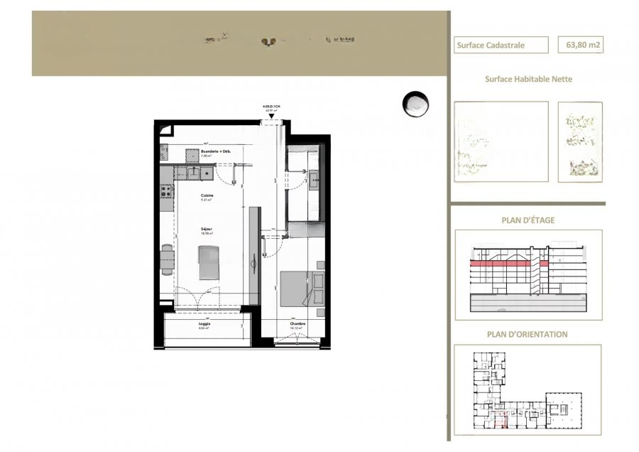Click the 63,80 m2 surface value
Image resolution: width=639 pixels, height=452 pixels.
point(583,45)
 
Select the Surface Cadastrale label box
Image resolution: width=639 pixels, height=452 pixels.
point(501,45)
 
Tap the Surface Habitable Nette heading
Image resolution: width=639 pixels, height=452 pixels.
point(528,80)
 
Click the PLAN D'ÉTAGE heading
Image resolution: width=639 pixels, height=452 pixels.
point(528,220)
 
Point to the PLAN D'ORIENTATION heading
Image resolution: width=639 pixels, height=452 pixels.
point(528,334)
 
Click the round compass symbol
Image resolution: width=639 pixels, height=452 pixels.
point(415,104)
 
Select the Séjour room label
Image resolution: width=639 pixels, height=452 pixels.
point(207,229)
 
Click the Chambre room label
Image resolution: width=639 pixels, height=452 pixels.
point(297,324)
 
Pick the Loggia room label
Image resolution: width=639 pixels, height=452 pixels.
point(204,324)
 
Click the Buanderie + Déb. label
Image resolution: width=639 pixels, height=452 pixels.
point(217,152)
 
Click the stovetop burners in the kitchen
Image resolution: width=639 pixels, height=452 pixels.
point(167,190)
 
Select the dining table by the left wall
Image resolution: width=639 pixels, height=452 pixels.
point(167,259)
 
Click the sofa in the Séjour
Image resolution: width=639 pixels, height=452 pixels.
point(209,261)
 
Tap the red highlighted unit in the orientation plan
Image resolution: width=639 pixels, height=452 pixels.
point(501,424)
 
